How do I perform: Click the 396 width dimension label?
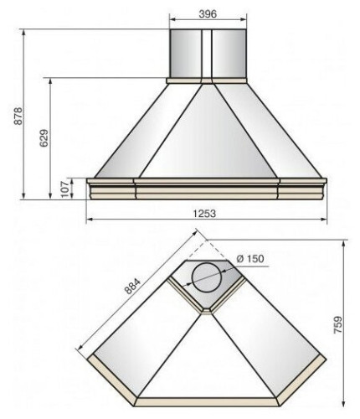[208, 13]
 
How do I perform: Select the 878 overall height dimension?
[18, 116]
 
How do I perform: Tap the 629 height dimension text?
[44, 138]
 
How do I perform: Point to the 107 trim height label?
[64, 189]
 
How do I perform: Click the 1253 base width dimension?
[204, 214]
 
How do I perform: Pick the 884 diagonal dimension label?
[132, 286]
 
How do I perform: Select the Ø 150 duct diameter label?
[250, 259]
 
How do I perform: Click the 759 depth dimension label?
[338, 324]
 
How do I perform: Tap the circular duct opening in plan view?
[207, 277]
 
